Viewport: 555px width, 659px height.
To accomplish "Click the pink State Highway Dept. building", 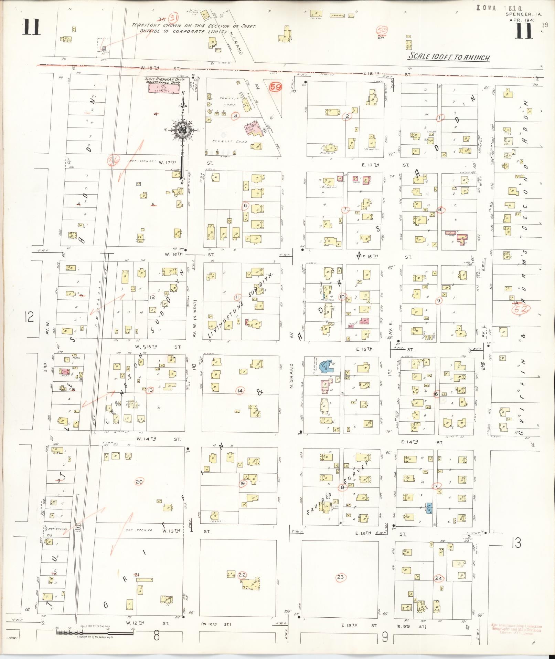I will [x=164, y=88].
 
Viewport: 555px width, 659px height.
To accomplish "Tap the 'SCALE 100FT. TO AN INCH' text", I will [x=449, y=57].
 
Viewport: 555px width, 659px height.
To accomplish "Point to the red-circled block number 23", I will [x=340, y=577].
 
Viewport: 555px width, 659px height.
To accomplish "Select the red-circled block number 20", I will [x=139, y=482].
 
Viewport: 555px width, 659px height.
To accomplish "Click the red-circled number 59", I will [x=275, y=87].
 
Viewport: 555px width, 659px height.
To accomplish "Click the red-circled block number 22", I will [x=242, y=574].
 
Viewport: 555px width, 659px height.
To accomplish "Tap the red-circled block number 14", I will [x=240, y=391].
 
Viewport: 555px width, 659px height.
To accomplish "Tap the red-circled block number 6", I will [x=245, y=206].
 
